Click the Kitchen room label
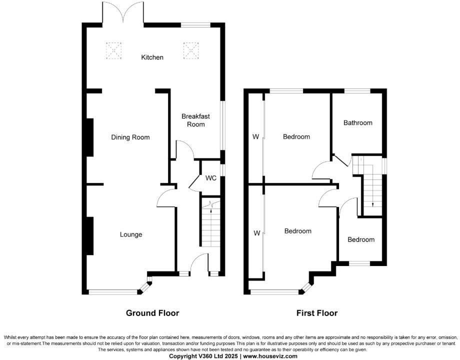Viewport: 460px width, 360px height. point(152,57)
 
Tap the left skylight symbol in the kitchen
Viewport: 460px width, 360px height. point(114,50)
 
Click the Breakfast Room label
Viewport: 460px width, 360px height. point(195,119)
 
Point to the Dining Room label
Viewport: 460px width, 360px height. point(130,137)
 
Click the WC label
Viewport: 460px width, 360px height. point(210,178)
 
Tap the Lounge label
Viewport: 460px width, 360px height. point(131,234)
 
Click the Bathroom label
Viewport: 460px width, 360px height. point(357,122)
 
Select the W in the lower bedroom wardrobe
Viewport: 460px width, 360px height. point(256,233)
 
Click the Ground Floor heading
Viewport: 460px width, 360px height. point(152,313)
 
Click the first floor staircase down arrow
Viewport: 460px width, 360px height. point(372,204)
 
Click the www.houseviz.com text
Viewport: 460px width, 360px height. point(270,356)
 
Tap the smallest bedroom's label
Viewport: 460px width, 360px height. point(361,239)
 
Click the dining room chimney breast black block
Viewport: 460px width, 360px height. point(90,137)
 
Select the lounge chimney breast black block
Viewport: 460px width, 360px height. point(90,236)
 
